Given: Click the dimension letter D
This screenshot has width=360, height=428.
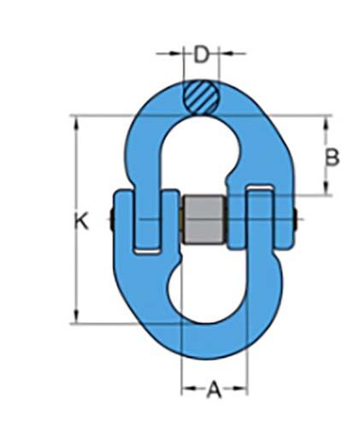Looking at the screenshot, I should point(201,56).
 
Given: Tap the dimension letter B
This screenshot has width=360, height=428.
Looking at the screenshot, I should point(333,157).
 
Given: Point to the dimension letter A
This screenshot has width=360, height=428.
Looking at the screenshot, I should point(215,390).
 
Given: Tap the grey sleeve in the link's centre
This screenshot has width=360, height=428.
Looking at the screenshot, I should point(205,222).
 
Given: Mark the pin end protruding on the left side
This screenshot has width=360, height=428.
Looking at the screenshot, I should point(112,221).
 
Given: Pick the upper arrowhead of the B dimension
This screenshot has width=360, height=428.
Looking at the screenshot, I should point(325,122).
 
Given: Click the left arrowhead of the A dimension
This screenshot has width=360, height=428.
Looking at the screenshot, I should point(186,390).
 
